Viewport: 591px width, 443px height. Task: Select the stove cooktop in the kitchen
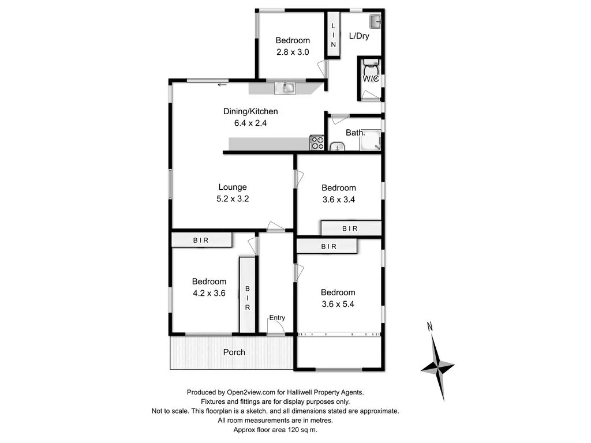(x=317, y=142)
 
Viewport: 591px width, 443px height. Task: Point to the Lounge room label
(x=233, y=187)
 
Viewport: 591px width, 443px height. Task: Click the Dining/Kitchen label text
(x=250, y=111)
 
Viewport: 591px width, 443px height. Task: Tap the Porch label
(x=234, y=352)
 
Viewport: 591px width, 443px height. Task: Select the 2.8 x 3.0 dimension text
(x=292, y=52)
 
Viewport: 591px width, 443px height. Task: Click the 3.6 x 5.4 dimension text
(x=338, y=303)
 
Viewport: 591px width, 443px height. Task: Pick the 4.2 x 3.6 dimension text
(x=209, y=293)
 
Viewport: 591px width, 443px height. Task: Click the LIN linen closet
(x=334, y=35)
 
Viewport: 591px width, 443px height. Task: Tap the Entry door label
(x=276, y=318)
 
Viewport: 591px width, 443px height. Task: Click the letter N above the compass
(x=429, y=327)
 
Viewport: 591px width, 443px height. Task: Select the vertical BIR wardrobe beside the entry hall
(x=247, y=295)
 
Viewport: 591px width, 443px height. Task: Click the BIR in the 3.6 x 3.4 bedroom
(x=351, y=228)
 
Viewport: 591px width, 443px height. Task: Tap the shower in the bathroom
(x=372, y=140)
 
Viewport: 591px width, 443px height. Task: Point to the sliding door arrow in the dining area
(x=222, y=86)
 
